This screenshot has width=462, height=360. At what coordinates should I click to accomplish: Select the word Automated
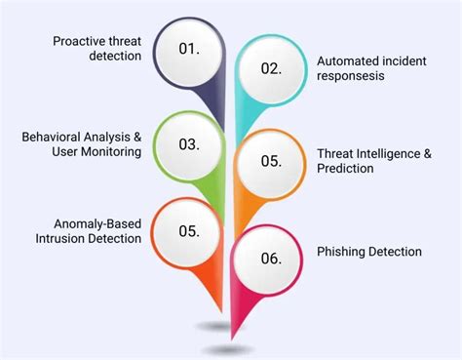344,60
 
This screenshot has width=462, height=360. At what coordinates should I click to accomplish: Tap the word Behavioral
51,137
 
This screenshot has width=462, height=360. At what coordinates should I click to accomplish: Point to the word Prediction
345,170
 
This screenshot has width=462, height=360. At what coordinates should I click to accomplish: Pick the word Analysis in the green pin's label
108,137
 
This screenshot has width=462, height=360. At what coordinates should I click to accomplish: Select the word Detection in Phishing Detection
396,252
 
